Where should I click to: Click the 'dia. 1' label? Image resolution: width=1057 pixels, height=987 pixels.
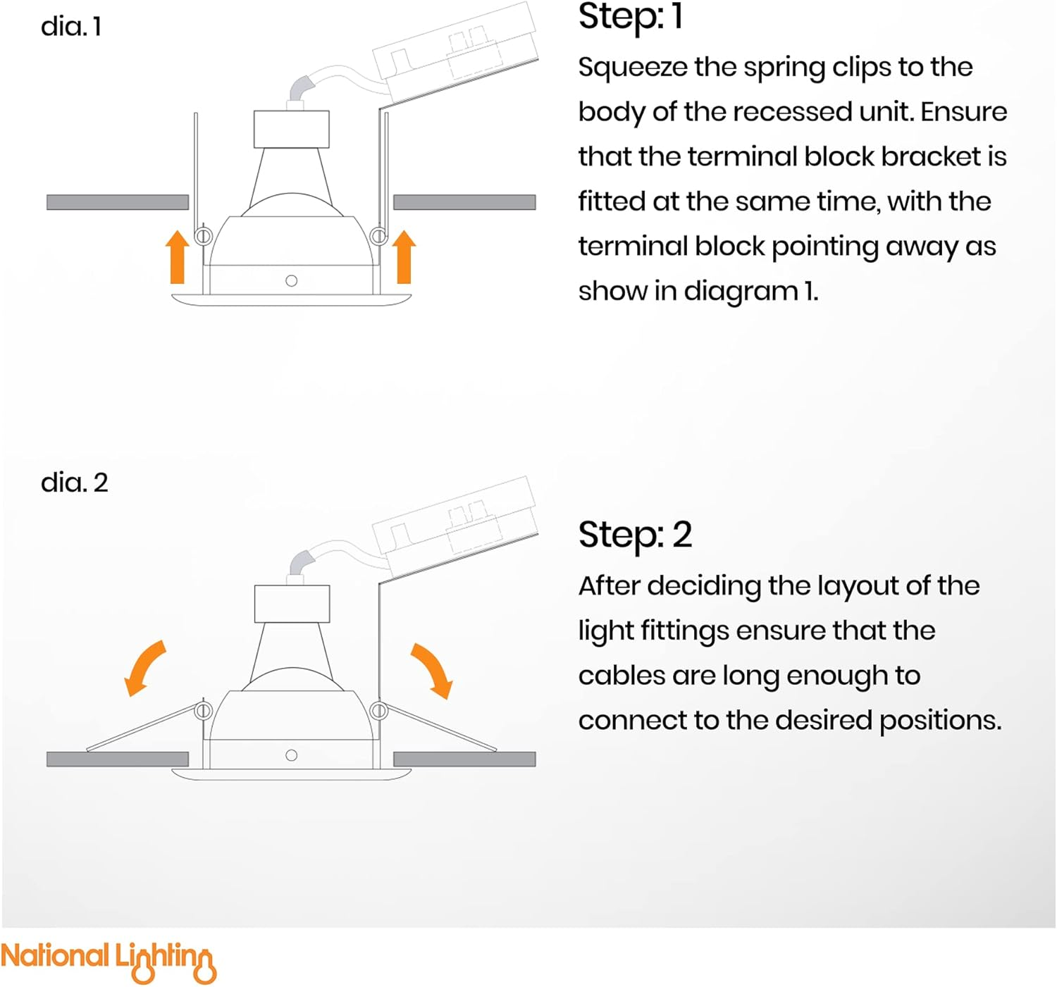pyautogui.click(x=70, y=27)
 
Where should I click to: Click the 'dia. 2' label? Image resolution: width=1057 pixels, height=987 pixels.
pyautogui.click(x=75, y=483)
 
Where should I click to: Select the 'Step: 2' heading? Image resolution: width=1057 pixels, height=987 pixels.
pyautogui.click(x=635, y=535)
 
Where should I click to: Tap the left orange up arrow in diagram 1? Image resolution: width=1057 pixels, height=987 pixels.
pyautogui.click(x=178, y=256)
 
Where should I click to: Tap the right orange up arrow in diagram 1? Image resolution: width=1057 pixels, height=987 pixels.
pyautogui.click(x=404, y=256)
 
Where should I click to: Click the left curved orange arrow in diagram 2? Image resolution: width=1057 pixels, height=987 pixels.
pyautogui.click(x=144, y=669)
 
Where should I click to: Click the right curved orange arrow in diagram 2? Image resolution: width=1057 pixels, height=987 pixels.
pyautogui.click(x=432, y=671)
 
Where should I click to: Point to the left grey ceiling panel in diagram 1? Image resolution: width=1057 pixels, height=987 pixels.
pyautogui.click(x=118, y=202)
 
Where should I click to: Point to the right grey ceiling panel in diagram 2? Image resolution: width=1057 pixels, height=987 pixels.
pyautogui.click(x=464, y=759)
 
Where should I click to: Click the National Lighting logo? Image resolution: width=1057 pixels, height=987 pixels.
pyautogui.click(x=109, y=960)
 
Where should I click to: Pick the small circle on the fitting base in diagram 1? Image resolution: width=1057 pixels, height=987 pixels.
pyautogui.click(x=291, y=280)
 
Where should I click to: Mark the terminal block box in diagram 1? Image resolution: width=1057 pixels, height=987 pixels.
pyautogui.click(x=456, y=52)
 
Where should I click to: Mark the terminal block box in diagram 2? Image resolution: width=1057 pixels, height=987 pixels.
pyautogui.click(x=456, y=527)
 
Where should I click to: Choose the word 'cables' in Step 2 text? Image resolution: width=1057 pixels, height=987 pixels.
pyautogui.click(x=621, y=676)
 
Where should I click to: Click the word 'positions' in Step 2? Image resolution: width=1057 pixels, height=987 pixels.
pyautogui.click(x=940, y=721)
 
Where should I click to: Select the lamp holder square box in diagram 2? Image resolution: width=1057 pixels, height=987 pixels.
pyautogui.click(x=292, y=604)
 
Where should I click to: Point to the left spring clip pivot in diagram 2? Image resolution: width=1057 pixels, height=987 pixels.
pyautogui.click(x=204, y=710)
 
